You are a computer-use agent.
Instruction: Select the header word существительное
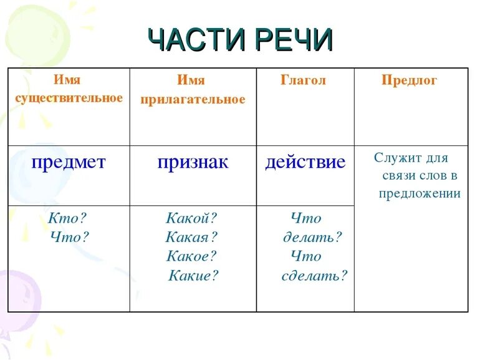pyautogui.click(x=69, y=99)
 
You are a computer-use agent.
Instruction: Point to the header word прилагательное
pyautogui.click(x=193, y=100)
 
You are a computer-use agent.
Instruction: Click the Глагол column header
pyautogui.click(x=304, y=80)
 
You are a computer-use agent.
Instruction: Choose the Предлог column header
pyautogui.click(x=410, y=80)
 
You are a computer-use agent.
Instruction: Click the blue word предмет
pyautogui.click(x=69, y=163)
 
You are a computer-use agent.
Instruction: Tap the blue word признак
pyautogui.click(x=193, y=163)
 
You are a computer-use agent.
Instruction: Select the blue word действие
pyautogui.click(x=305, y=163)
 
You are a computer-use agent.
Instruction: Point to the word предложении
pyautogui.click(x=420, y=193)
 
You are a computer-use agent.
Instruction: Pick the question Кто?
pyautogui.click(x=68, y=218)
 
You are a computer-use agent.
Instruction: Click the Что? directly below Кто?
pyautogui.click(x=69, y=237)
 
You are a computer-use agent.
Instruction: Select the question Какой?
pyautogui.click(x=191, y=218)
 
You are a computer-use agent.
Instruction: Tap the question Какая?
pyautogui.click(x=191, y=237)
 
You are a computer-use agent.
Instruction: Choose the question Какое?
pyautogui.click(x=191, y=256)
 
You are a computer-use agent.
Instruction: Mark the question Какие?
pyautogui.click(x=194, y=276)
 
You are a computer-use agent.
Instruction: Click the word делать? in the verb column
pyautogui.click(x=313, y=237)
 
